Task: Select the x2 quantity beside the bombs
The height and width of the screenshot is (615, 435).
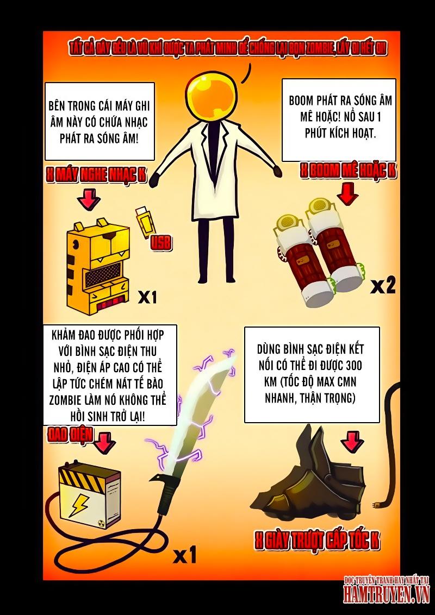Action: [383, 287]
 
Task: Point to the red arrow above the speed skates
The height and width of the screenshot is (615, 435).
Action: [352, 441]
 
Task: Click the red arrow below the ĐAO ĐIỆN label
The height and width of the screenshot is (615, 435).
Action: [104, 444]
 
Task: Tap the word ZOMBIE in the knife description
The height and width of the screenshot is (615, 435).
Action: [67, 400]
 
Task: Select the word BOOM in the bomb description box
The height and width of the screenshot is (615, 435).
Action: [302, 101]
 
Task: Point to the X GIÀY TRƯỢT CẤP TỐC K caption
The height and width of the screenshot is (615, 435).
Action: [317, 541]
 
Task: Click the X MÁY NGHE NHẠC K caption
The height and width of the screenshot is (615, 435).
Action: [96, 175]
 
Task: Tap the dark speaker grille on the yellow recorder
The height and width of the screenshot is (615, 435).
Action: [102, 274]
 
